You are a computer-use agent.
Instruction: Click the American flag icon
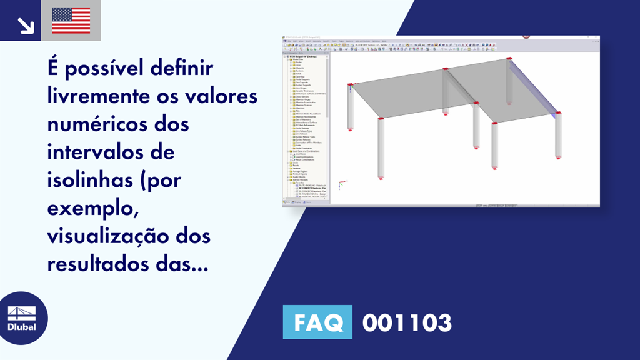[71, 20]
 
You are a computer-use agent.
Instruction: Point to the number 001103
[407, 323]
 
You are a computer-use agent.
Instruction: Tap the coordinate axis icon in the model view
[341, 184]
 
